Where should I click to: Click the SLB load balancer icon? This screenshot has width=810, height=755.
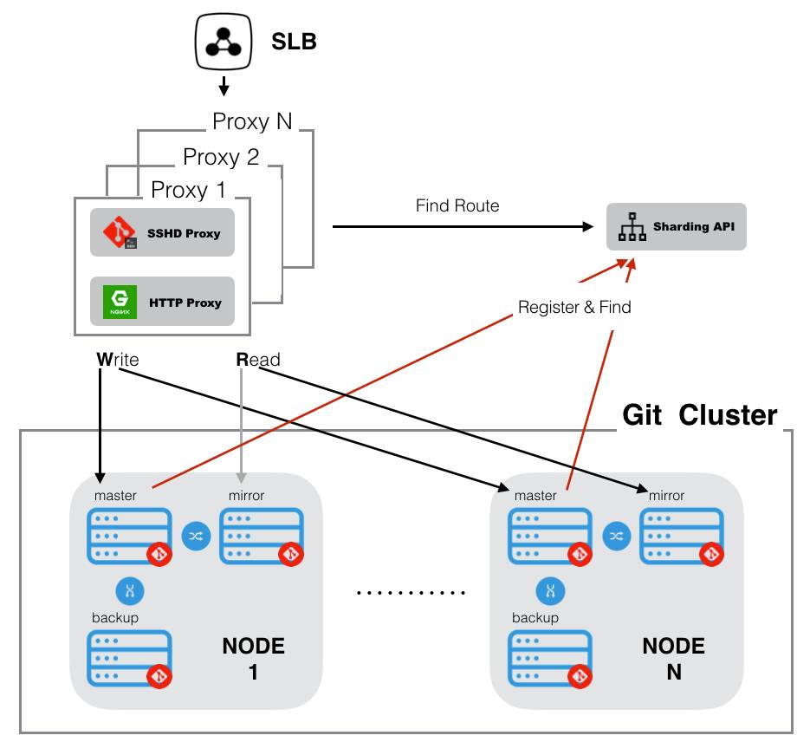pyautogui.click(x=224, y=42)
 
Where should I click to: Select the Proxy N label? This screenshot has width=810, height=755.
pyautogui.click(x=252, y=121)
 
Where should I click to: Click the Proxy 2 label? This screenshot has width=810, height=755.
pyautogui.click(x=221, y=157)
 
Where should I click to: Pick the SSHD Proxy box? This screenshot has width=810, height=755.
pyautogui.click(x=162, y=232)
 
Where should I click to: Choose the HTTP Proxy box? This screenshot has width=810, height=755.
pyautogui.click(x=162, y=302)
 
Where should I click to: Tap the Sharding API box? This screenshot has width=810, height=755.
pyautogui.click(x=676, y=226)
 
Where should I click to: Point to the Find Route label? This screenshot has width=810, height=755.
pyautogui.click(x=457, y=205)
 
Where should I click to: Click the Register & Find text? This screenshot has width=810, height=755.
pyautogui.click(x=574, y=307)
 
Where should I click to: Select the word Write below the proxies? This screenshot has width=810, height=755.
pyautogui.click(x=117, y=359)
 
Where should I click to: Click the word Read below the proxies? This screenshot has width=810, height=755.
pyautogui.click(x=258, y=359)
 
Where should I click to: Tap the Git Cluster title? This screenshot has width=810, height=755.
pyautogui.click(x=699, y=415)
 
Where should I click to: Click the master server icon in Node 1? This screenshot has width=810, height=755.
pyautogui.click(x=129, y=537)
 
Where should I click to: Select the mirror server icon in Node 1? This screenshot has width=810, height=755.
pyautogui.click(x=262, y=537)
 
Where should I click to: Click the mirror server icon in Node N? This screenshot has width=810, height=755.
pyautogui.click(x=682, y=537)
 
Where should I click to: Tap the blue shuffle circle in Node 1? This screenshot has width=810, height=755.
pyautogui.click(x=196, y=537)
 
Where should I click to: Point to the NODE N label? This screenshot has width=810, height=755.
pyautogui.click(x=673, y=658)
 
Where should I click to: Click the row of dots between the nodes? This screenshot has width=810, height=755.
pyautogui.click(x=411, y=594)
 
